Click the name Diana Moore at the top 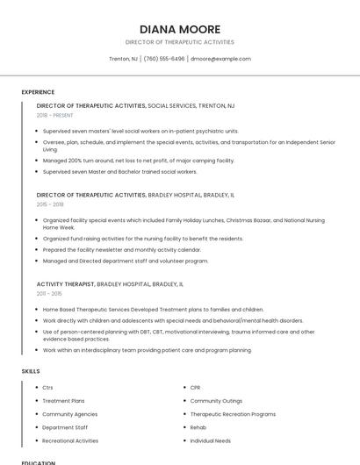point(179,29)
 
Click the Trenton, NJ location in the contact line point(123,59)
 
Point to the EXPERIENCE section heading point(38,92)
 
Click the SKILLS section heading point(31,371)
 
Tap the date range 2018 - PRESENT point(54,115)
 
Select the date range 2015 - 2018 point(50,204)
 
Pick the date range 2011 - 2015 point(49,293)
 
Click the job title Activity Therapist point(65,284)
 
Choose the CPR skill point(197,387)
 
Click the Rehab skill point(198,427)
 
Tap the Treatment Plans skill point(63,400)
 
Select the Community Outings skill point(216,400)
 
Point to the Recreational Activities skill point(70,440)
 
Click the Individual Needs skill point(211,440)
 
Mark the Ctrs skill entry point(48,387)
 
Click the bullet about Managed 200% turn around point(139,161)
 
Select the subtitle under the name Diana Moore point(179,42)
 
